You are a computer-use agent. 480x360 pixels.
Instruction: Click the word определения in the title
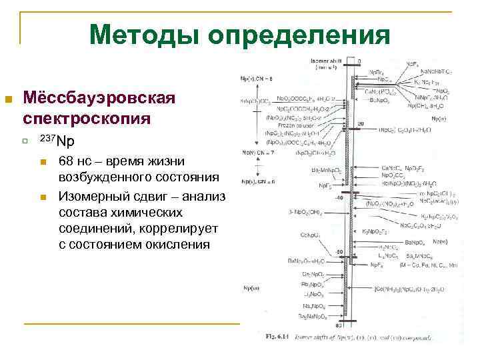tap(298, 35)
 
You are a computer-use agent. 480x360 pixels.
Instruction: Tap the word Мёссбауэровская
tap(99, 99)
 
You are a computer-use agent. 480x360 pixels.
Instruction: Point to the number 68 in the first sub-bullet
tap(67, 161)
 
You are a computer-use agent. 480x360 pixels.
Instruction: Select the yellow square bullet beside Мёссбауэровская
tap(9, 99)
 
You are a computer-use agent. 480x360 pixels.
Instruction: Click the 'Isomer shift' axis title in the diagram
tap(325, 61)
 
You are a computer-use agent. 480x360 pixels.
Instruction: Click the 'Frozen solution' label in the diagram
tap(285, 124)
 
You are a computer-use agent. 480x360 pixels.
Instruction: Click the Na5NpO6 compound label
tap(313, 305)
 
